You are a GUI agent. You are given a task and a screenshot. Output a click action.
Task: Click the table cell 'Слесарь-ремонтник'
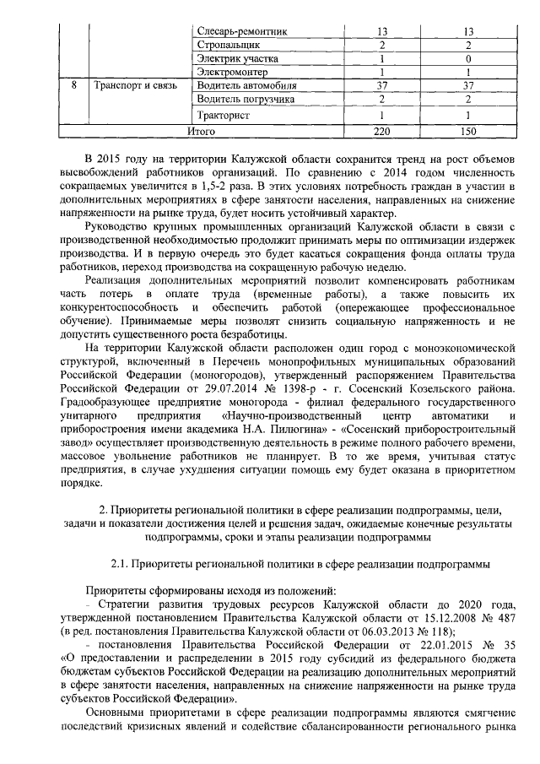click(240, 31)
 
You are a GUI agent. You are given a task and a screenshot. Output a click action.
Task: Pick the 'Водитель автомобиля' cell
click(246, 85)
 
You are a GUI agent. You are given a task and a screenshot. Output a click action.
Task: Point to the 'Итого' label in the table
click(201, 131)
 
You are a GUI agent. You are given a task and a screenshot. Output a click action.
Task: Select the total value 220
click(382, 131)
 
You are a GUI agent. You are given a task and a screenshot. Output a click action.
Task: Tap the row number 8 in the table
click(74, 85)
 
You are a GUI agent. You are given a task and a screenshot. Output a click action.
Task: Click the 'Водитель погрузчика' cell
click(245, 99)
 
